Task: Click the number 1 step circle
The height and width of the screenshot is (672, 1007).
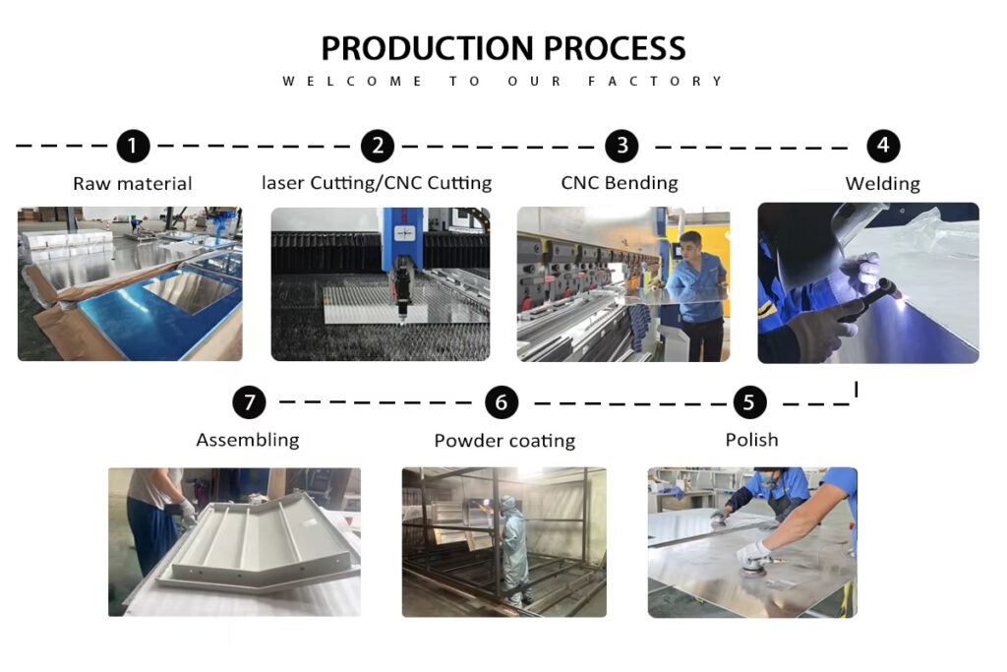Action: pos(133,146)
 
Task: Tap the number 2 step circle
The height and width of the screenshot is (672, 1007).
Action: pos(378,146)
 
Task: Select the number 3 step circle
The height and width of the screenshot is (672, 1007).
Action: pos(622,146)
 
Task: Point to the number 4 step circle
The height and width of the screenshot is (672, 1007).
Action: pos(884,146)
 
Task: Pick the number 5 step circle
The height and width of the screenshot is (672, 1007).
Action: pos(749,402)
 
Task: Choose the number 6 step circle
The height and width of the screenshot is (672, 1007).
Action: pos(502,402)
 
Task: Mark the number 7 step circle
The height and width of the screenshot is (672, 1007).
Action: pos(249,402)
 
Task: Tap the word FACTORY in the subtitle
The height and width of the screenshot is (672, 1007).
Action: pos(655,81)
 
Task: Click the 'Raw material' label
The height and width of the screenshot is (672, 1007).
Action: pos(133,184)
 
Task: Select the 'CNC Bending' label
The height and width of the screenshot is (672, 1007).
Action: pos(620,183)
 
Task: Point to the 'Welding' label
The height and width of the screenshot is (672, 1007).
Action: pos(882,184)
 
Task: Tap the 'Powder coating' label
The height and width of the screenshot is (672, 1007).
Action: pos(504,441)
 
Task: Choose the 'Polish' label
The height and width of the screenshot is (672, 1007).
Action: pos(751,440)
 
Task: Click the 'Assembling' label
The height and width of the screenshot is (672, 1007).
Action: pos(247,440)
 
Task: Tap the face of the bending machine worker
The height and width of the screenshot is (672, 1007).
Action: pos(690,245)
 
